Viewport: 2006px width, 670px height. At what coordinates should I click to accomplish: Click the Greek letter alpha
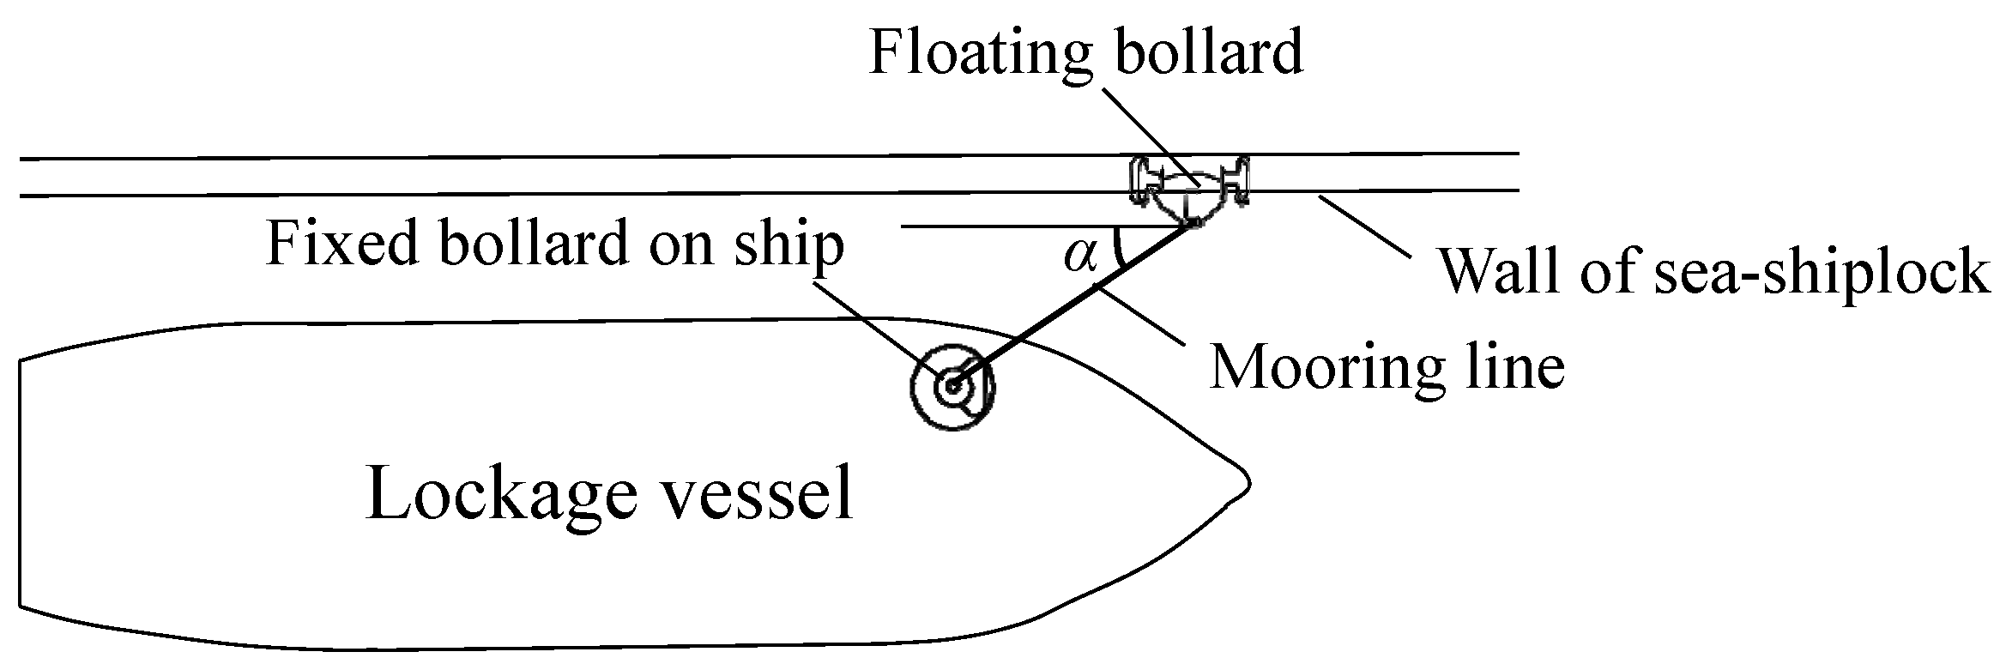[1080, 255]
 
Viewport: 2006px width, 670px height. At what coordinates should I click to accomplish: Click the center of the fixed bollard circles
[952, 387]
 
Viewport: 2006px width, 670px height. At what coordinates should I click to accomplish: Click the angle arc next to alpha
[1118, 248]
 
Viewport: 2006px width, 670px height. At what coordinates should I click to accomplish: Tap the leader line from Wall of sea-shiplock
[1364, 226]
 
